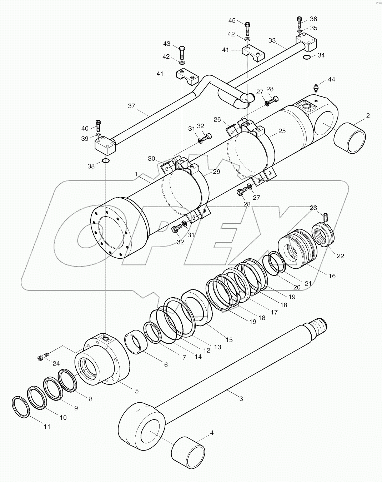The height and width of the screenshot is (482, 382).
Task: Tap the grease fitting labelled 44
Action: pyautogui.click(x=316, y=87)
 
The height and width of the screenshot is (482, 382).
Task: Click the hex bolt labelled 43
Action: pyautogui.click(x=181, y=53)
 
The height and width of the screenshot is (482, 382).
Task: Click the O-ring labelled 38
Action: pyautogui.click(x=105, y=161)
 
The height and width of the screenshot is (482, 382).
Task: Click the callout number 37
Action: pyautogui.click(x=132, y=106)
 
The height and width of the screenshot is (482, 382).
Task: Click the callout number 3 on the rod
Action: pyautogui.click(x=241, y=398)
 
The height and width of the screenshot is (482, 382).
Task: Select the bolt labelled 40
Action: pyautogui.click(x=98, y=125)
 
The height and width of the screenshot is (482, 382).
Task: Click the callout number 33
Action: pyautogui.click(x=272, y=40)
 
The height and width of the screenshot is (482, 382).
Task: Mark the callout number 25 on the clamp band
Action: pyautogui.click(x=282, y=131)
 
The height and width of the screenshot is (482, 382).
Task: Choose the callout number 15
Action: pyautogui.click(x=229, y=339)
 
